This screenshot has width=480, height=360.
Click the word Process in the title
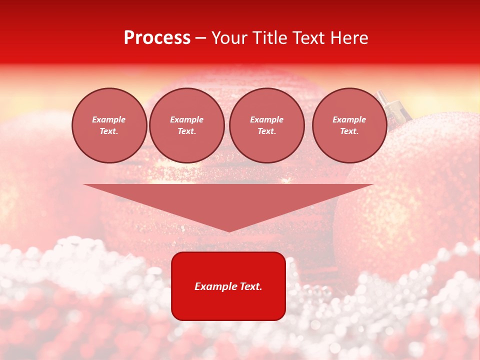[x=157, y=38]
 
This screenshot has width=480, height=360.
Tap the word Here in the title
[x=350, y=38]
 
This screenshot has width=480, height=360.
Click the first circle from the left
[x=109, y=125]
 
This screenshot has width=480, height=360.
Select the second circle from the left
[x=186, y=125]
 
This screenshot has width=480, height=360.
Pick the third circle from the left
[x=266, y=125]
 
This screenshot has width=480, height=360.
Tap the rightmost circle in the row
[x=349, y=125]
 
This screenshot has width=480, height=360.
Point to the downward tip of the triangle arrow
[x=229, y=231]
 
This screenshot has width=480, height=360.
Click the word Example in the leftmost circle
[x=109, y=119]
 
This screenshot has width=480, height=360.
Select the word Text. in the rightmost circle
[x=349, y=131]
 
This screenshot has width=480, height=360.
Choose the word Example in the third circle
[x=266, y=119]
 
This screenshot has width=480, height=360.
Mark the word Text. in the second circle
[x=186, y=131]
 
